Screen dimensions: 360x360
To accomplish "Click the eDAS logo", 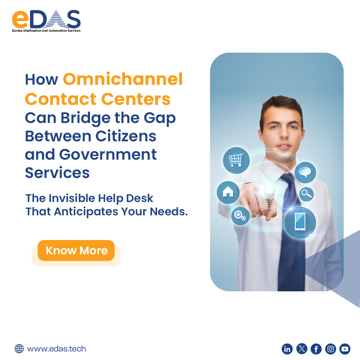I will [x=46, y=21].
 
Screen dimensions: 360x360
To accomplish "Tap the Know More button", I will [x=76, y=251].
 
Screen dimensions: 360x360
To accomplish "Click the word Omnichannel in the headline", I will [x=123, y=79].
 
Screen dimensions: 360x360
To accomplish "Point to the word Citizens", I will [x=126, y=136].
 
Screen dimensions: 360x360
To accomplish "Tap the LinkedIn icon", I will [x=287, y=349].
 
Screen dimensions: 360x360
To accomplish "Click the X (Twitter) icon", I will [x=302, y=349].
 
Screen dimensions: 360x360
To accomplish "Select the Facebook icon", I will [x=316, y=349].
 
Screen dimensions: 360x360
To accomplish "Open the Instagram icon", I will [x=331, y=349].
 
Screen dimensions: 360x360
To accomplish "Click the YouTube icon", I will [x=345, y=349].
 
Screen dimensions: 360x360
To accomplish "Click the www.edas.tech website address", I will [x=56, y=349].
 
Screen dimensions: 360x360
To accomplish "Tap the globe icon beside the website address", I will [x=19, y=349].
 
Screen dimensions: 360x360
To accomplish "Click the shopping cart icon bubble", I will [x=236, y=159].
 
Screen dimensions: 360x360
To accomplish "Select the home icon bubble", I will [x=228, y=192].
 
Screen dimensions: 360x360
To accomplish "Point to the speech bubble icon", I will [x=305, y=172].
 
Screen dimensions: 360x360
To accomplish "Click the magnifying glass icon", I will [x=306, y=194].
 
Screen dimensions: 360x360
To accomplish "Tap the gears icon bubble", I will [x=240, y=215].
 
